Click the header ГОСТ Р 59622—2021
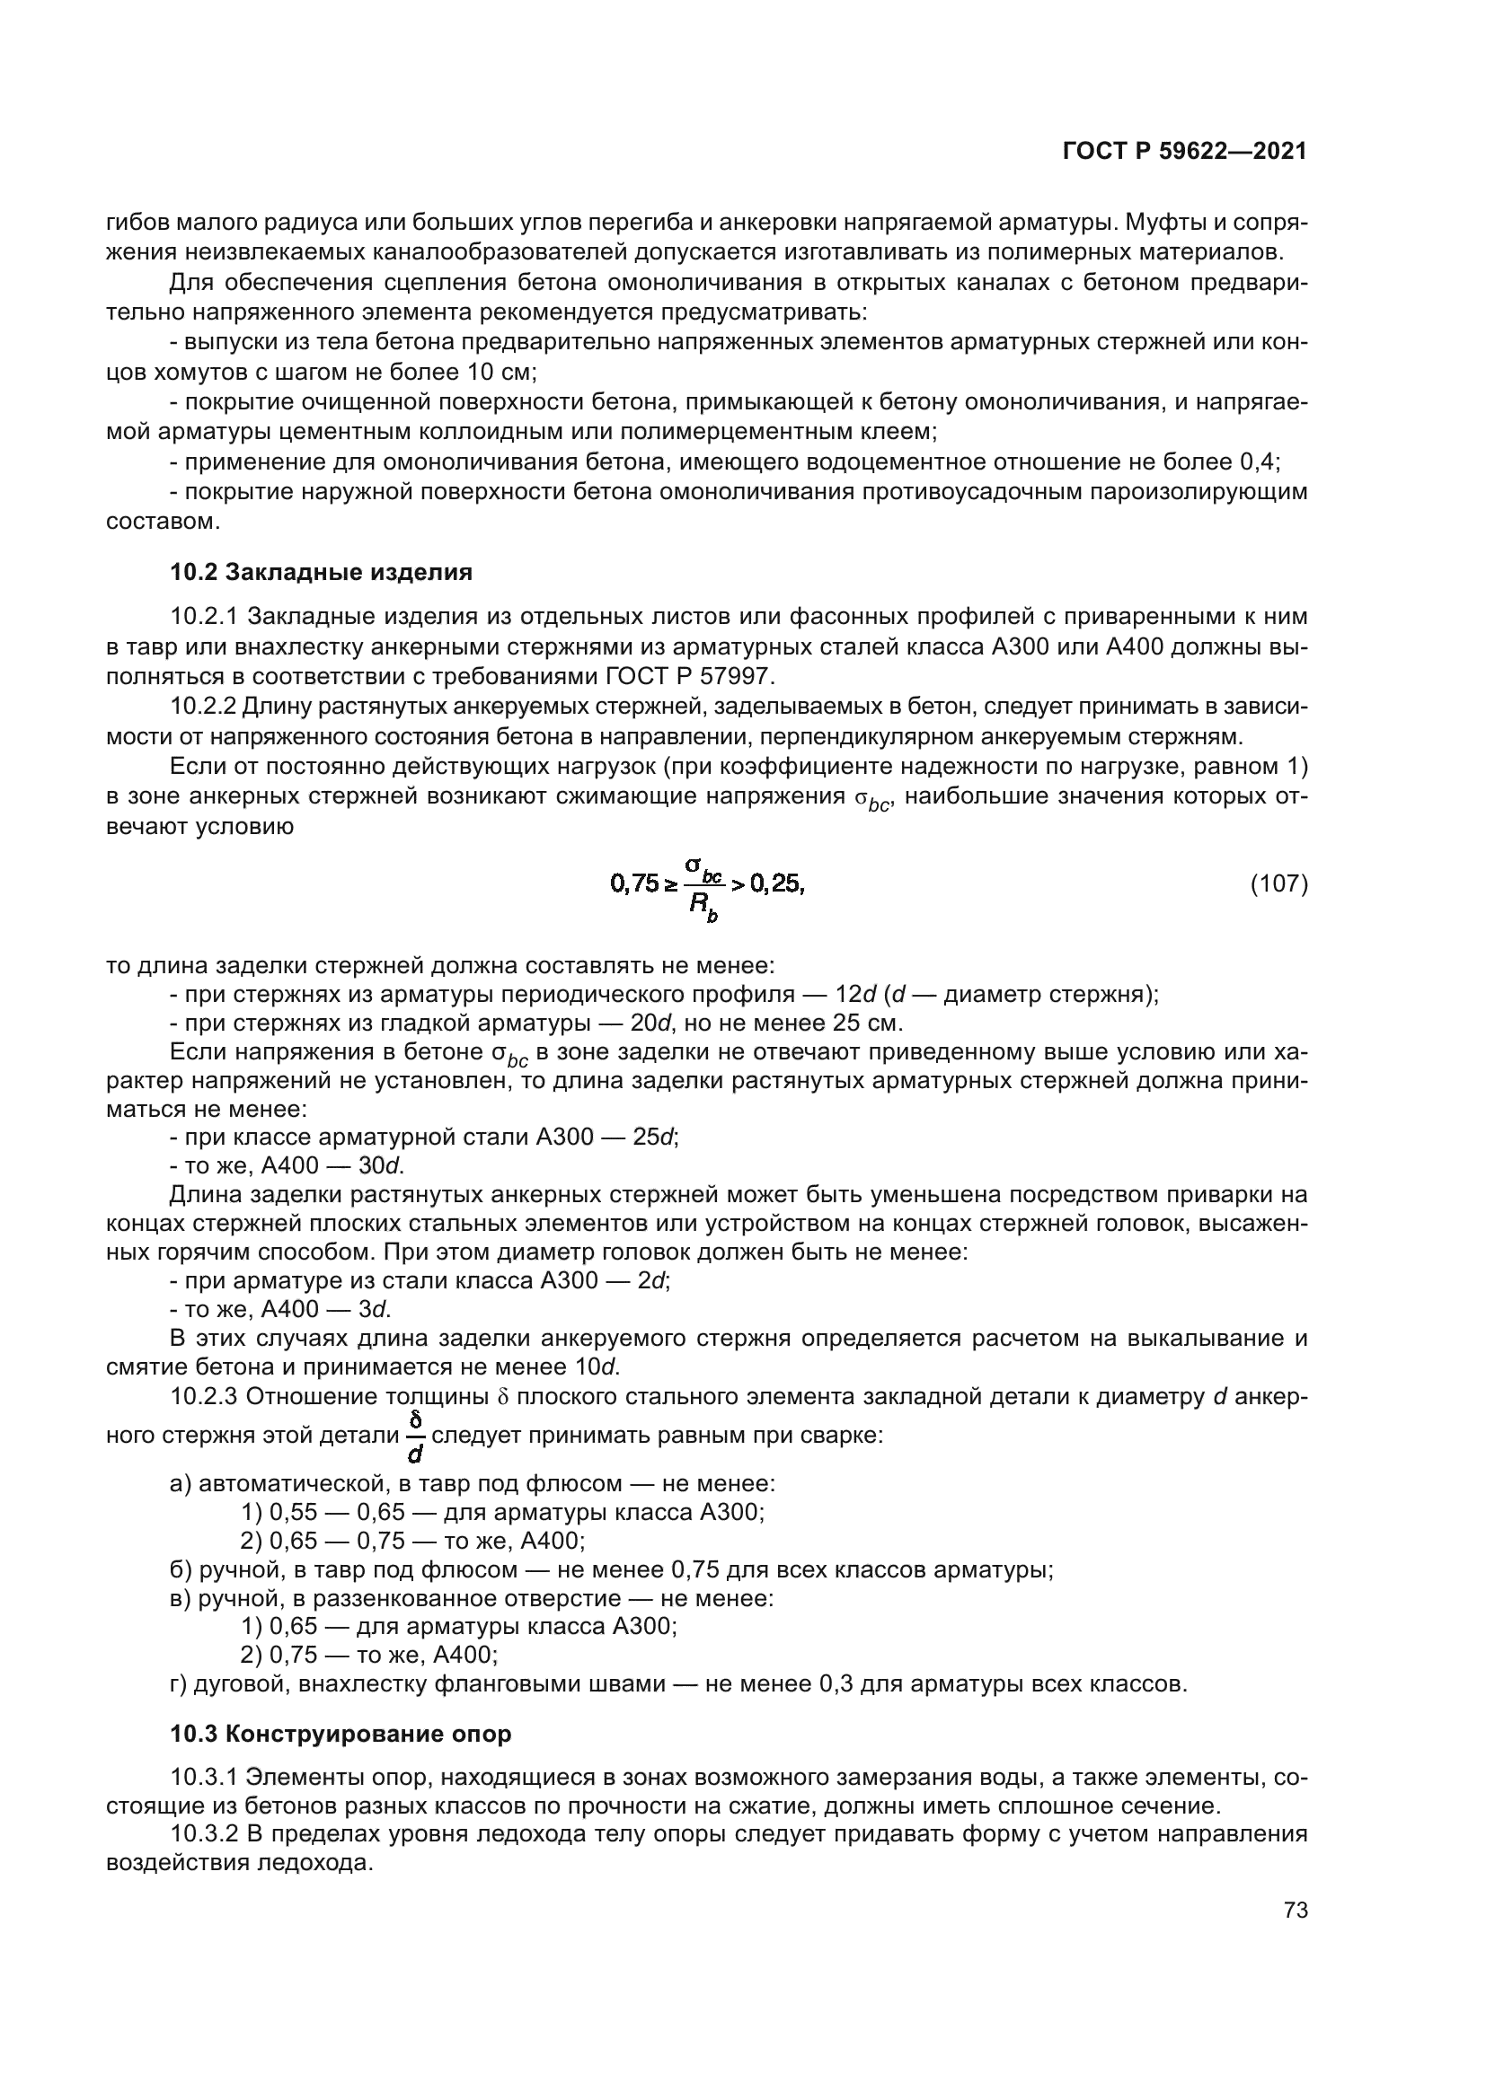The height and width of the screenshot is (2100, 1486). tap(1184, 151)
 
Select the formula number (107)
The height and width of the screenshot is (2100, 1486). tap(1278, 883)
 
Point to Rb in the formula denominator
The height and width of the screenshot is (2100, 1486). tap(703, 907)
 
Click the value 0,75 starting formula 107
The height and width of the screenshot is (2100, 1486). tap(634, 883)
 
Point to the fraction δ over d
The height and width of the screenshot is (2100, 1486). tap(415, 1435)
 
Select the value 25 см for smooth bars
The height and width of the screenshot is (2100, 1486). tap(865, 1023)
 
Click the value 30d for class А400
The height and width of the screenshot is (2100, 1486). tap(380, 1166)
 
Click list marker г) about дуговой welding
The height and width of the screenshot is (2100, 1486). tap(179, 1683)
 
